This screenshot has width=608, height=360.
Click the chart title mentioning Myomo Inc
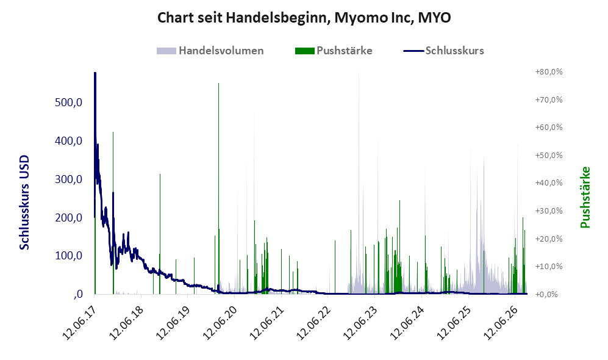click(x=304, y=18)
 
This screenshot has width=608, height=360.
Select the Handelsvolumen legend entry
click(x=210, y=51)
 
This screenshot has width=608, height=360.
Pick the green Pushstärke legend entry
click(x=334, y=51)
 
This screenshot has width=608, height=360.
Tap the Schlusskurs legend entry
click(x=443, y=51)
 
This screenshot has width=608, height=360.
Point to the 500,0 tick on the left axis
click(x=69, y=103)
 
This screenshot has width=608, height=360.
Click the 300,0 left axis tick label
click(x=69, y=179)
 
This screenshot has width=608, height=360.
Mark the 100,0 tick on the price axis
click(x=69, y=256)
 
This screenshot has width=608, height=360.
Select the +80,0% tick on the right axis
click(x=549, y=72)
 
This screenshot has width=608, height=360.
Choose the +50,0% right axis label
click(x=549, y=155)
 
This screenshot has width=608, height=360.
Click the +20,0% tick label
click(x=549, y=239)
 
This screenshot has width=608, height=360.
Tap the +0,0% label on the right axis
click(x=547, y=295)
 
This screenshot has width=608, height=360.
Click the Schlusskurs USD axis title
click(x=24, y=203)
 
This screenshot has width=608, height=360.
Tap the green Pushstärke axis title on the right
click(x=585, y=198)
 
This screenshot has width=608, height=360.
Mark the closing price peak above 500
click(x=95, y=73)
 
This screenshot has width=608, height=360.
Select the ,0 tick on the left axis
click(x=77, y=294)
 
